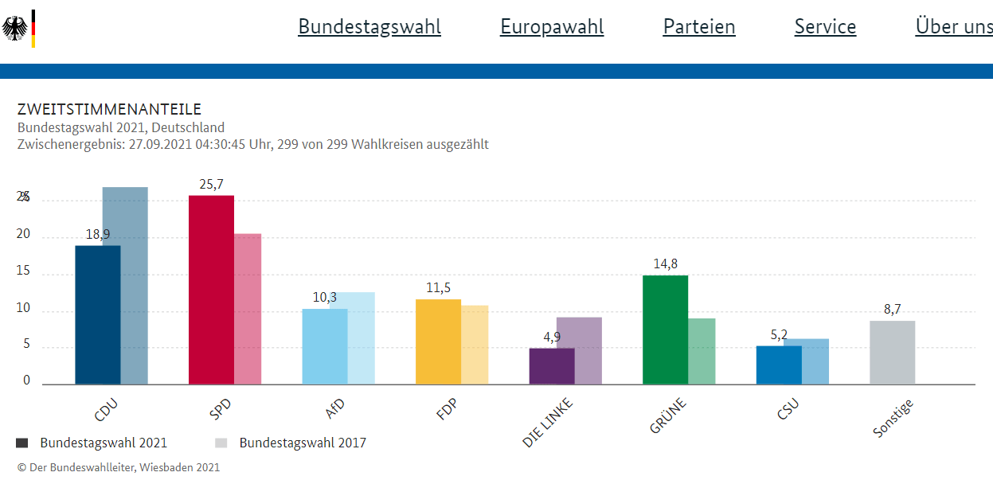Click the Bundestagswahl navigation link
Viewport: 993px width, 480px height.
click(x=369, y=27)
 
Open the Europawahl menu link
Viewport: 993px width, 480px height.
click(x=552, y=27)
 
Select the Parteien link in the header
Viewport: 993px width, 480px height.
click(x=699, y=27)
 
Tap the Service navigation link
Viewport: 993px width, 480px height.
click(x=825, y=27)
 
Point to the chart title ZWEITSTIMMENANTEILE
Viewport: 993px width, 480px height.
click(x=109, y=110)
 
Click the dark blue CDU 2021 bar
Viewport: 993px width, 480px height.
click(x=97, y=314)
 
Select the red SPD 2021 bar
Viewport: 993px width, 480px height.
click(x=211, y=290)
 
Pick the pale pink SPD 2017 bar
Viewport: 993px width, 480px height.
click(x=248, y=309)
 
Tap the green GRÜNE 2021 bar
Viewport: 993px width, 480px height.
click(x=665, y=330)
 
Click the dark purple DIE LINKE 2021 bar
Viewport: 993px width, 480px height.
click(x=552, y=366)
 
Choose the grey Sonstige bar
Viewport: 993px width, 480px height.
click(x=892, y=353)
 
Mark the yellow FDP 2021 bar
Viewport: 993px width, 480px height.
click(x=438, y=341)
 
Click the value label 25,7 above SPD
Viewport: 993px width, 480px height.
click(x=211, y=185)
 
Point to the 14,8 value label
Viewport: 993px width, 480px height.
click(x=665, y=264)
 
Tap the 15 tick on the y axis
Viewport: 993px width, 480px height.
click(x=23, y=271)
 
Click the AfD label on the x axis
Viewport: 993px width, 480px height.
click(x=335, y=408)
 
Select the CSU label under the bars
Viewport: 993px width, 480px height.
click(x=788, y=409)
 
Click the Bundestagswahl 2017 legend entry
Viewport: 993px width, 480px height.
click(x=303, y=443)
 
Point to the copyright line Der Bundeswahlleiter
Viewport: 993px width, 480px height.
click(x=119, y=467)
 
